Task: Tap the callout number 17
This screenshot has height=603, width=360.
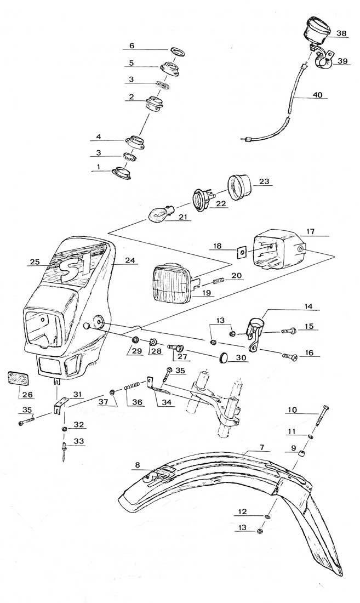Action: tap(311, 232)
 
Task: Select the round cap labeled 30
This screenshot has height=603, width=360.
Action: tap(224, 358)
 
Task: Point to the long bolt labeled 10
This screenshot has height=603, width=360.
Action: tap(322, 416)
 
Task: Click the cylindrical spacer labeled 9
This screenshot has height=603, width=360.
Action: tap(303, 451)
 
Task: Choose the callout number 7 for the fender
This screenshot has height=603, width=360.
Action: tap(262, 447)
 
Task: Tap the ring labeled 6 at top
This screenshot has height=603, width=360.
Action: tap(176, 50)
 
